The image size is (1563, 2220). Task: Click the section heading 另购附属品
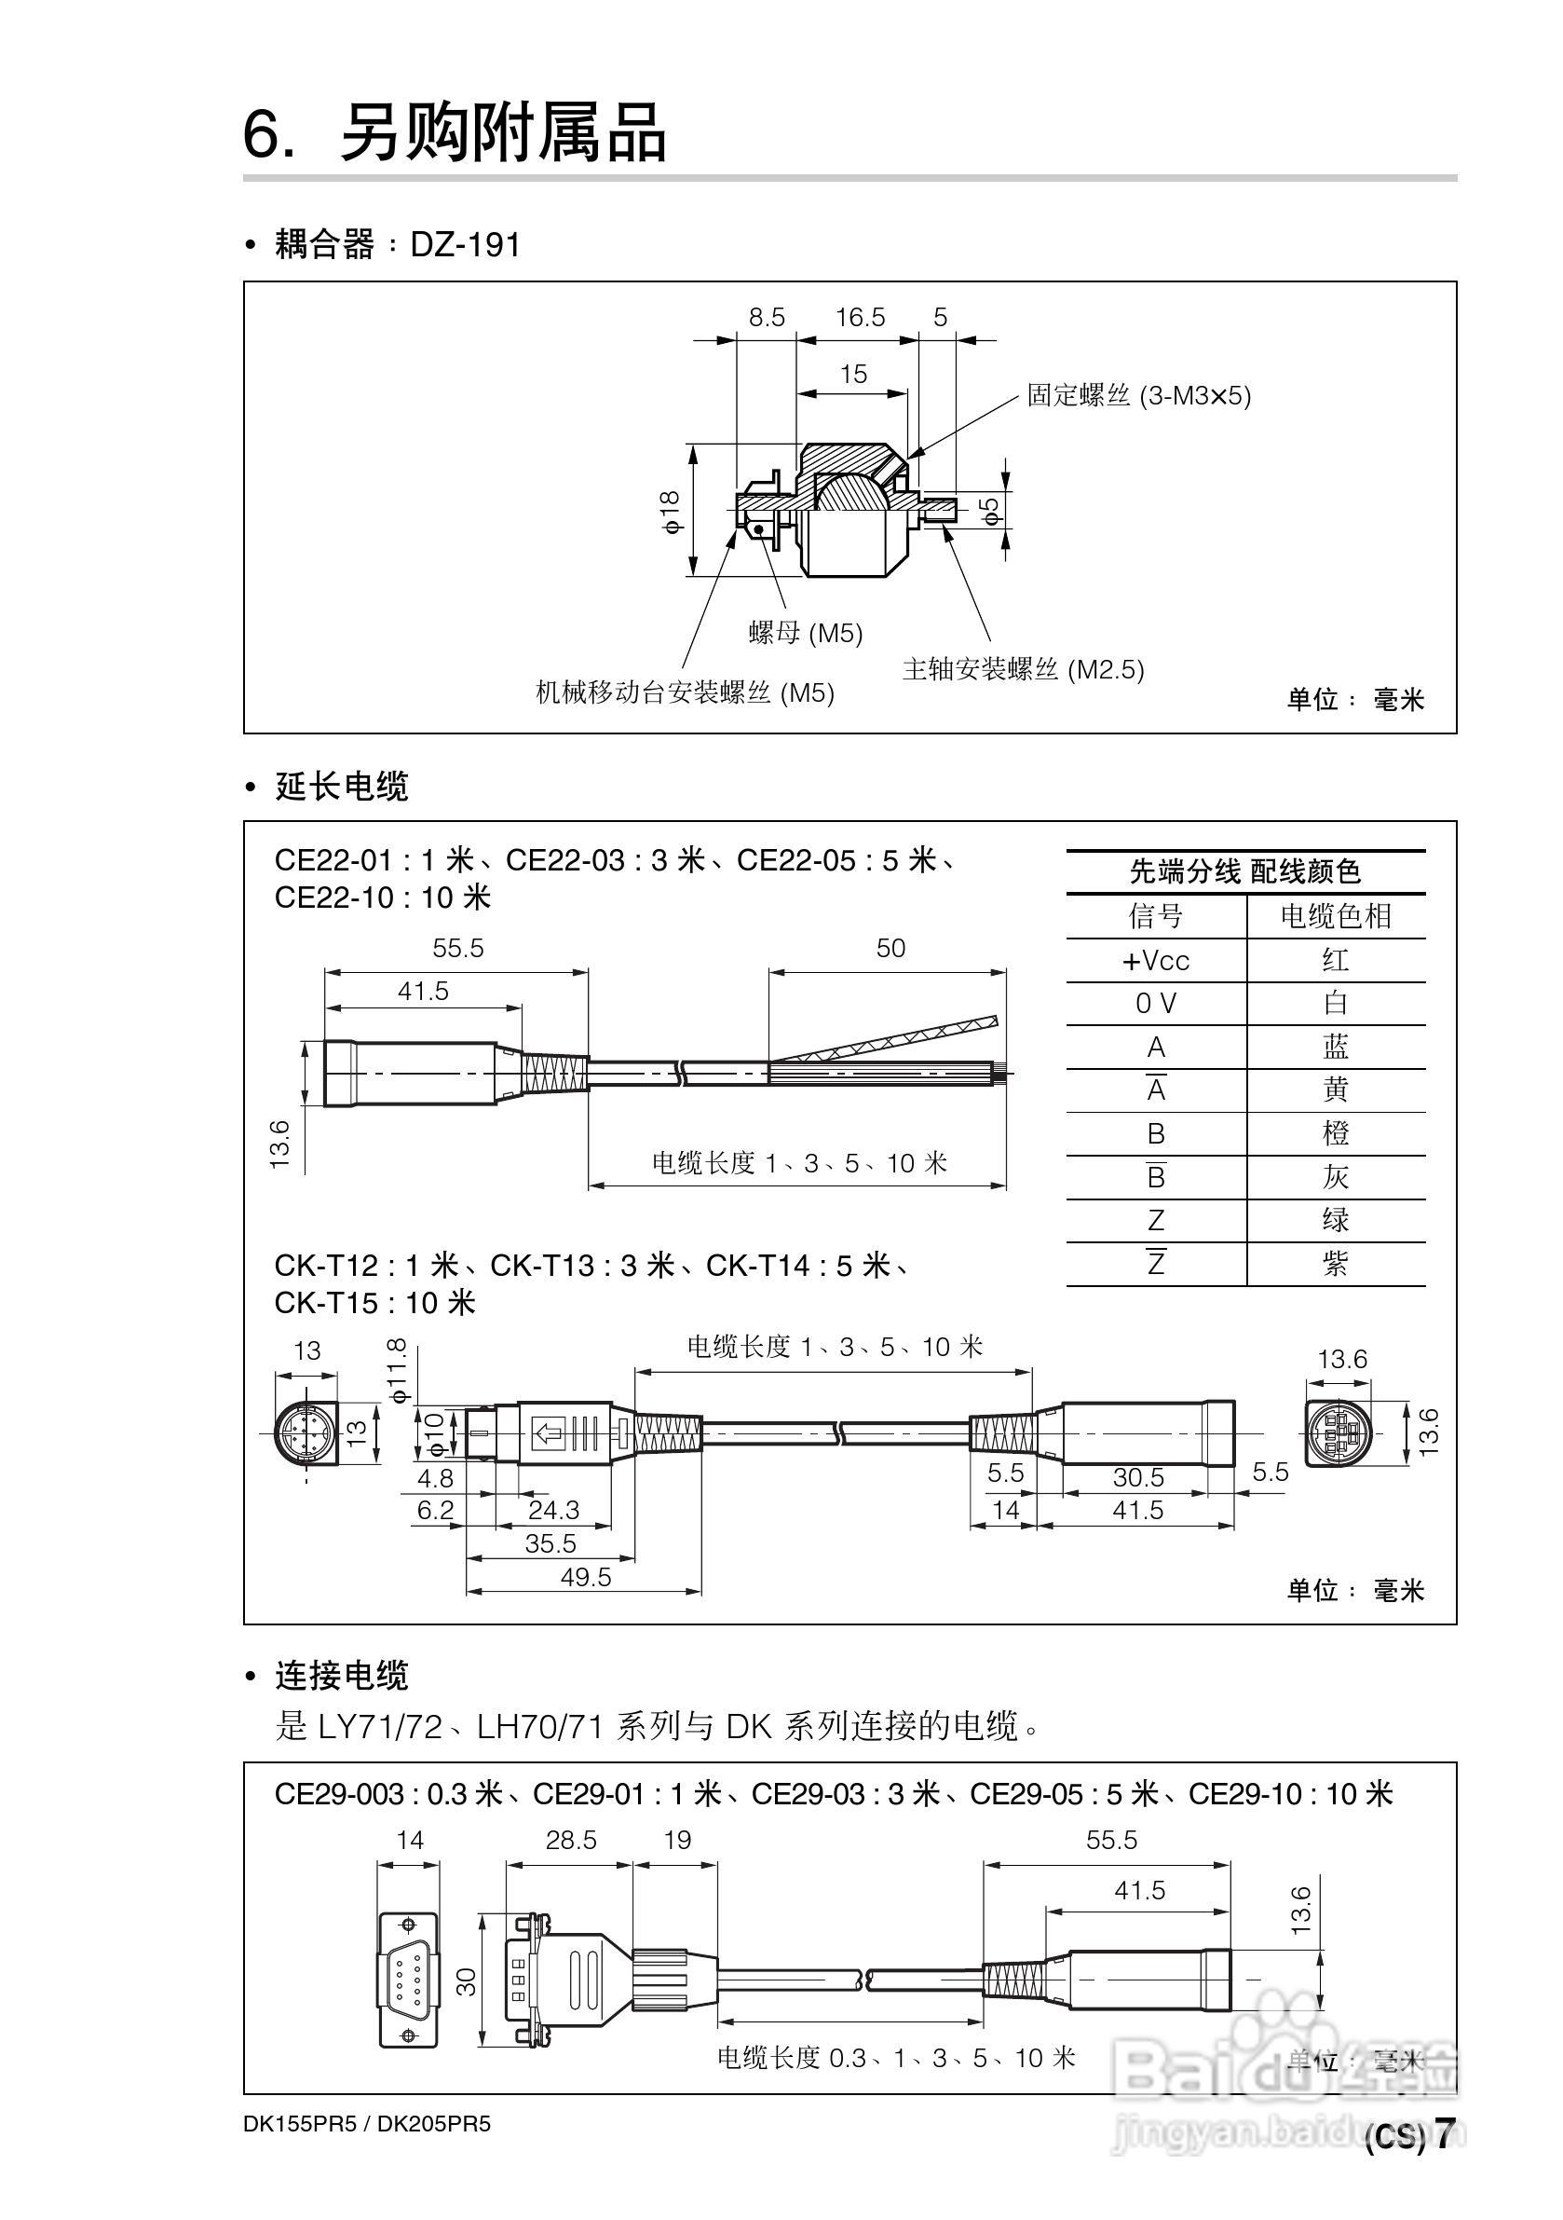point(503,132)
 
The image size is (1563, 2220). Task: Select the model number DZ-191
point(465,244)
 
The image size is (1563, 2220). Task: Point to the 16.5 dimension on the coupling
point(860,317)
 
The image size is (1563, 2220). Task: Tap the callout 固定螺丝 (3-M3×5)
point(1138,395)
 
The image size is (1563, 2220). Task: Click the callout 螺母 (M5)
point(805,634)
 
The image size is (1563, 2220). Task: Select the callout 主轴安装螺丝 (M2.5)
point(1023,669)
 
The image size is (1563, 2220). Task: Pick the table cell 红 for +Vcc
point(1335,960)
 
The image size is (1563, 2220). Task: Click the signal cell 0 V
point(1155,1004)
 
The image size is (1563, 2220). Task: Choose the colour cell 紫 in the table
point(1335,1264)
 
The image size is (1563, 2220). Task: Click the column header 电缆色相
point(1335,915)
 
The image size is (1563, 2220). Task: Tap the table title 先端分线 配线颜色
point(1245,872)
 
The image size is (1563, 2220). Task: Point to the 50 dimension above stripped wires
point(890,949)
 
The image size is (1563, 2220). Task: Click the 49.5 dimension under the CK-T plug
point(586,1577)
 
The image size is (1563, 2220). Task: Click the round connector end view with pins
point(302,1431)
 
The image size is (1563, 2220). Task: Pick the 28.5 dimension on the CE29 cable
point(570,1840)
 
